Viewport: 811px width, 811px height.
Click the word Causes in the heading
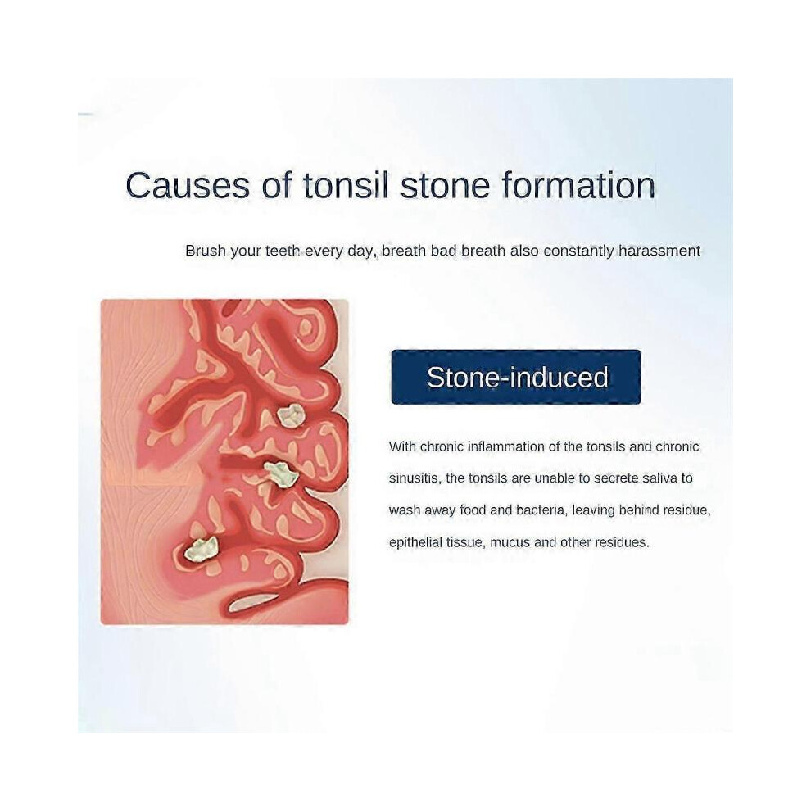click(188, 186)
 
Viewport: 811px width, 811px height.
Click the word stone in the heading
click(445, 186)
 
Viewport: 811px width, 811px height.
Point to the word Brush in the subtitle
click(206, 251)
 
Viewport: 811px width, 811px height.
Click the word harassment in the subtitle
click(659, 251)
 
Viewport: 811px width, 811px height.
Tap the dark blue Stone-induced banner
click(516, 377)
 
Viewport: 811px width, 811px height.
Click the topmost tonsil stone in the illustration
click(291, 415)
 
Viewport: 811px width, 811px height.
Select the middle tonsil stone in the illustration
click(281, 473)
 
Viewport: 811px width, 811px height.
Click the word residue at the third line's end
click(686, 510)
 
